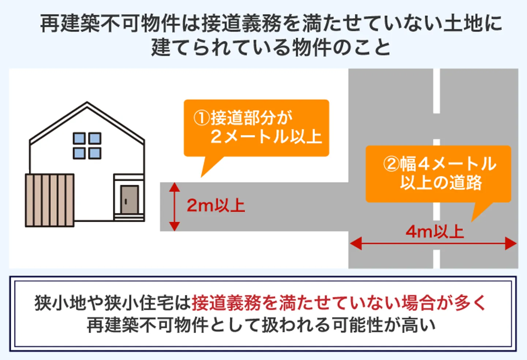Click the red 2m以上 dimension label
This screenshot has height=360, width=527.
(x=216, y=206)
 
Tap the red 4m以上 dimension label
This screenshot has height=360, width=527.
(x=435, y=232)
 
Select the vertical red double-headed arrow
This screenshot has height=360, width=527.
(x=175, y=207)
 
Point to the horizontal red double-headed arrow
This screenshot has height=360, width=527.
(x=433, y=244)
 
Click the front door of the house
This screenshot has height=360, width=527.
(x=130, y=200)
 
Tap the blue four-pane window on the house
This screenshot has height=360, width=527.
(x=87, y=146)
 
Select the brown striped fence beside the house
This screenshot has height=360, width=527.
(x=50, y=200)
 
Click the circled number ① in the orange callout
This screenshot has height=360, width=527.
(x=201, y=118)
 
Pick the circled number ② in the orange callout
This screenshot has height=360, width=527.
(x=391, y=164)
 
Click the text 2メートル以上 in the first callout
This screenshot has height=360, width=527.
(x=266, y=137)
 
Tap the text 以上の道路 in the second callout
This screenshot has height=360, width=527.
(x=441, y=183)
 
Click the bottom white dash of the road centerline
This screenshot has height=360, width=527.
(x=436, y=259)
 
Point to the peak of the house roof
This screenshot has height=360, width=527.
(x=87, y=103)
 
